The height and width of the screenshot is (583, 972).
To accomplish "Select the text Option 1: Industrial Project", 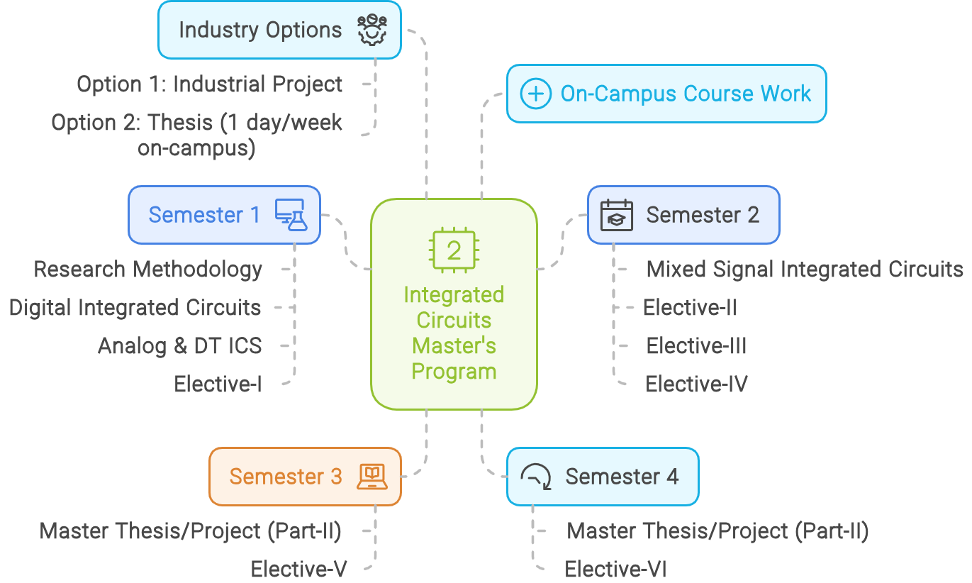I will pos(209,84).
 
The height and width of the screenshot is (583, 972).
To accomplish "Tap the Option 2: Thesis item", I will pos(196,135).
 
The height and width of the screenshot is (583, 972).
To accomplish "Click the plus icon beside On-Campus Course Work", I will pos(535,94).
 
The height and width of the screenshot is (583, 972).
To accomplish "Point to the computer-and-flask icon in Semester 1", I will pos(291,215).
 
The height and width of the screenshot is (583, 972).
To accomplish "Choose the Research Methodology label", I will pos(148,270).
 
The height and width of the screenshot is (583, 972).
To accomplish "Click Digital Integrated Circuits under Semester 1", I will pos(135,308).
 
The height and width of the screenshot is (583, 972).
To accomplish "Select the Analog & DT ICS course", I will pos(179,346).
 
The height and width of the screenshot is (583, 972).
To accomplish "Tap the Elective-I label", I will pos(218,384).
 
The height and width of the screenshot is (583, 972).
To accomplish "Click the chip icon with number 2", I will pos(454,250).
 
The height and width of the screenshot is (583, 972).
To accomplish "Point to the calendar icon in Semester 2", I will pos(616,215).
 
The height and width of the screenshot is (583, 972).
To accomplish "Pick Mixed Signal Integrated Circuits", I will pos(805,270).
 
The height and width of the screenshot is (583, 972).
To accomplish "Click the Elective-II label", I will pos(689,308).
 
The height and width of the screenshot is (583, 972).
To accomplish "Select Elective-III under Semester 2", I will pos(696,346).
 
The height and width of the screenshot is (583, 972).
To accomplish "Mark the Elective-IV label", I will pos(696,384).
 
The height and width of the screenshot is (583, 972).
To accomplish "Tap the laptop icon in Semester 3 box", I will pos(372,477).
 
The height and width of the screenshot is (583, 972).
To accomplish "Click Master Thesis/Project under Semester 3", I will pos(191,531).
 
